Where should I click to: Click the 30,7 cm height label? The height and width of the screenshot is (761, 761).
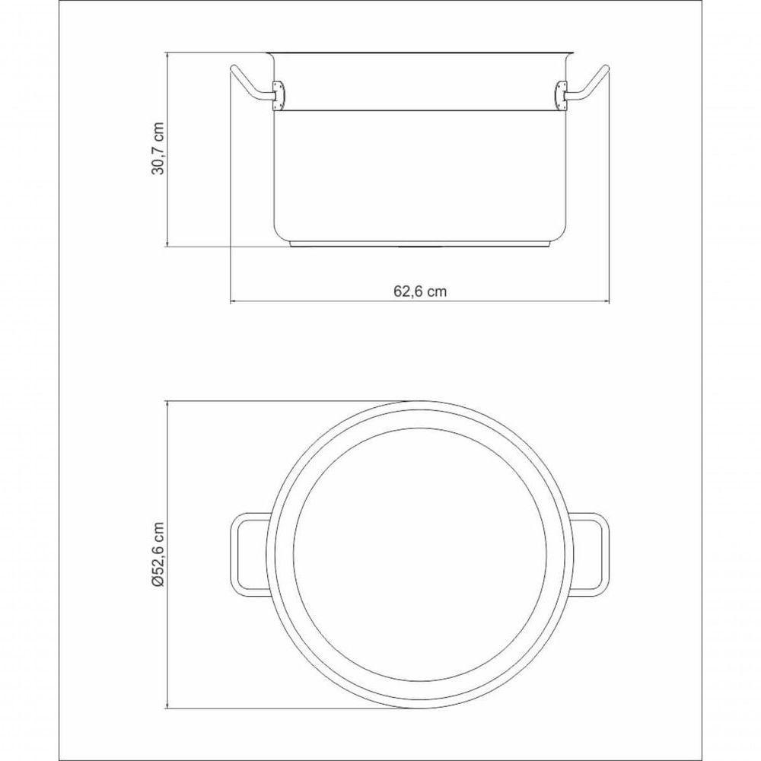tap(158, 150)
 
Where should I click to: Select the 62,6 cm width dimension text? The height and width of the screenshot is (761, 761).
tap(419, 291)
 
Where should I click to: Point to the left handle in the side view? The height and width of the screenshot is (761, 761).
tap(247, 83)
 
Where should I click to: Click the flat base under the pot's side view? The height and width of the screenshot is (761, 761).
tap(419, 244)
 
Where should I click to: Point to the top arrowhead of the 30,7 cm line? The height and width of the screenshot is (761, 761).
tap(167, 56)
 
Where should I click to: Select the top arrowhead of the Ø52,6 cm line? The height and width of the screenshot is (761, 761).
tap(167, 403)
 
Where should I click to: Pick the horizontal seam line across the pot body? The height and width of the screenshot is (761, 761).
tap(419, 108)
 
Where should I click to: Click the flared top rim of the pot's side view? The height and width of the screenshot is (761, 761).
tap(419, 53)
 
